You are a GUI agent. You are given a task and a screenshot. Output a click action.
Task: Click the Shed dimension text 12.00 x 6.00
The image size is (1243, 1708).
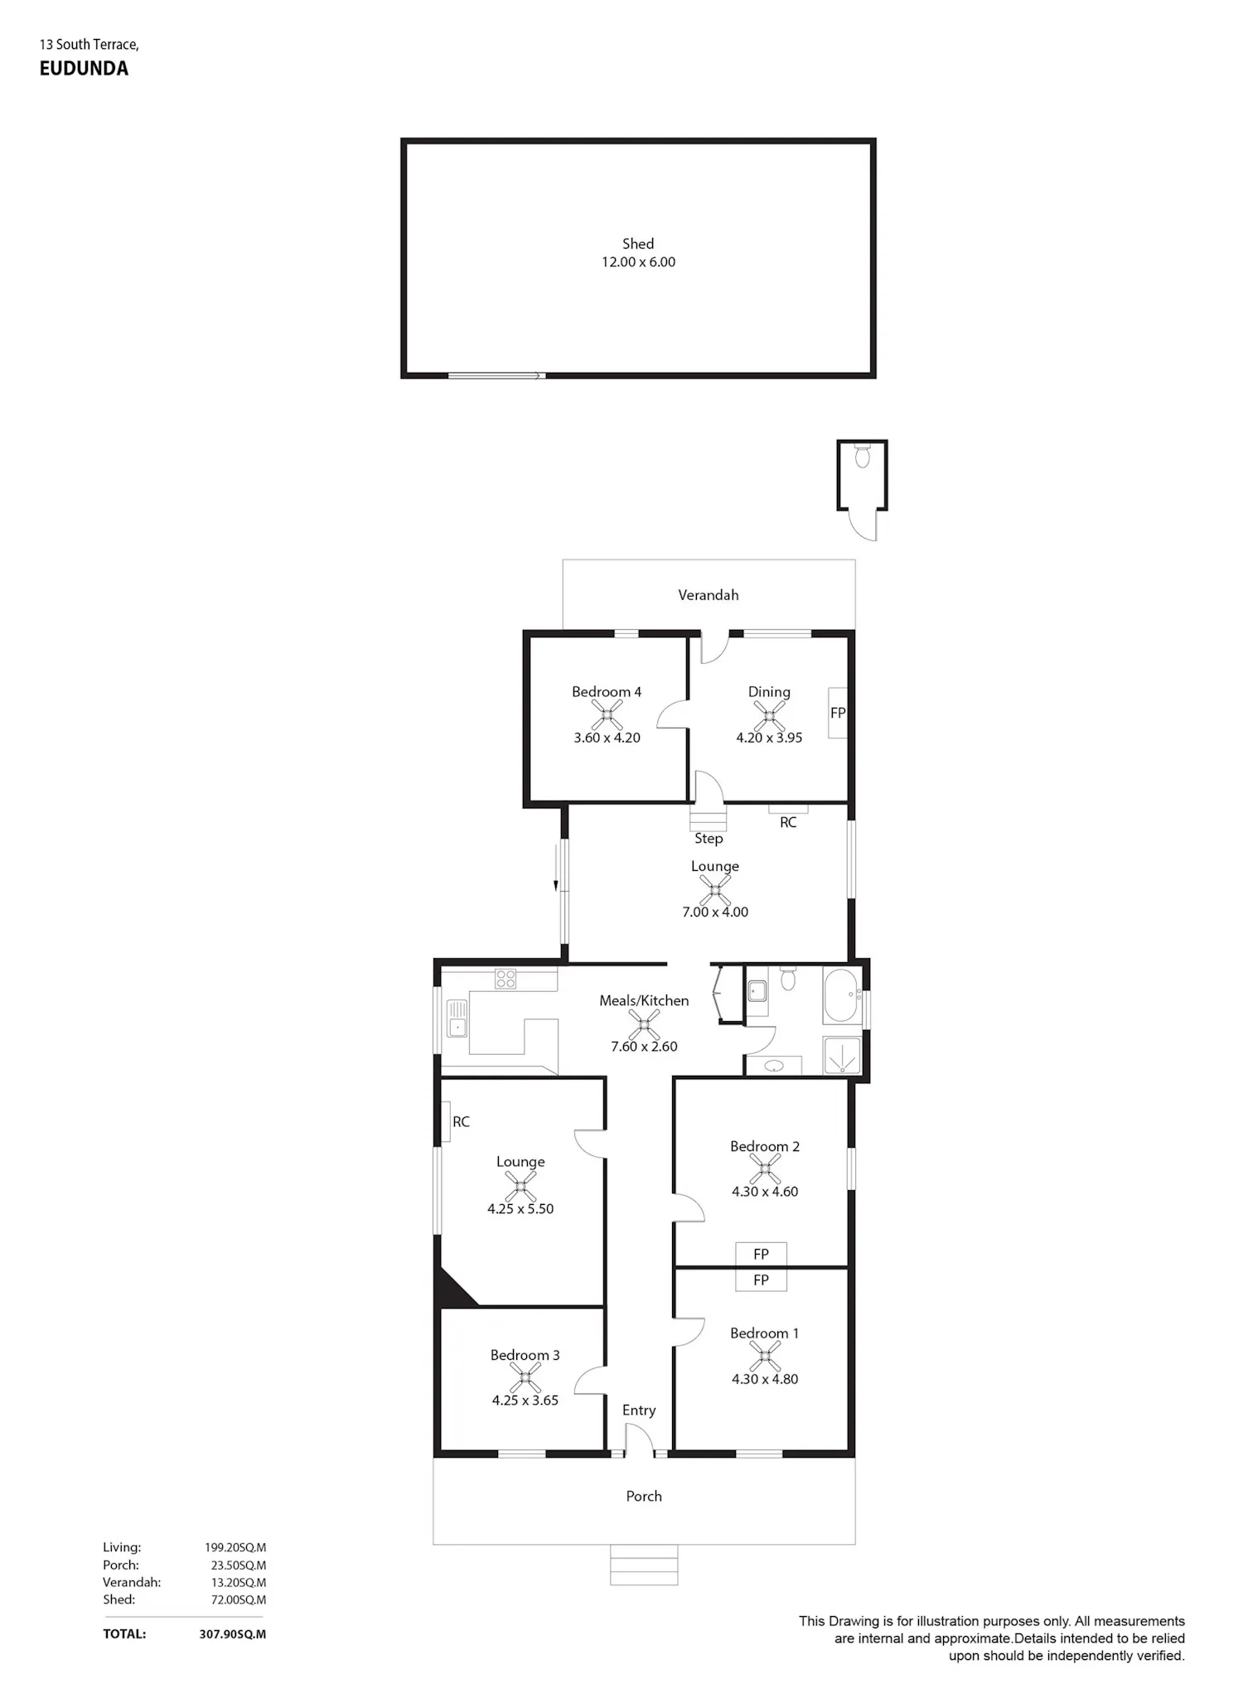(x=638, y=262)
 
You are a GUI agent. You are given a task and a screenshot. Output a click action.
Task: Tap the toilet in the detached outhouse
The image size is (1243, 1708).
(x=863, y=455)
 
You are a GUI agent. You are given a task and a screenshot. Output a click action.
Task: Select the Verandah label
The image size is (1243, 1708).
(x=709, y=595)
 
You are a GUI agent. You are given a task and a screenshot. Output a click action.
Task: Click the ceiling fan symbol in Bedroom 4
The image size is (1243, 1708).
(x=607, y=714)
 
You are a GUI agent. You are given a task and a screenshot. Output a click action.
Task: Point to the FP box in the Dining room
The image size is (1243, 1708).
(x=838, y=713)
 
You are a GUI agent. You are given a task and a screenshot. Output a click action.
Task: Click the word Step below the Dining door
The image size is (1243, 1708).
(x=709, y=839)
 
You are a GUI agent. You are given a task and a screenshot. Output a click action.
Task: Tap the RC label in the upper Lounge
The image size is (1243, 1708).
(x=788, y=822)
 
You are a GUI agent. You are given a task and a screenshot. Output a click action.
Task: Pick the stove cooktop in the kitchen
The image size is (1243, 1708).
(x=505, y=979)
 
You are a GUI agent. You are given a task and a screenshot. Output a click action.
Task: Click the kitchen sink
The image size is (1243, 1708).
(x=456, y=1019)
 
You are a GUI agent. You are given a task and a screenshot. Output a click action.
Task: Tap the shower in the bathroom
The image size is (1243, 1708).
(x=842, y=1056)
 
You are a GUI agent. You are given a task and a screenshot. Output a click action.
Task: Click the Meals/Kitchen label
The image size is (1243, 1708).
(x=644, y=1001)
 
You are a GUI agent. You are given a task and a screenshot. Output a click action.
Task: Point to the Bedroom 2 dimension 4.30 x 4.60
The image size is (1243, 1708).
(x=765, y=1192)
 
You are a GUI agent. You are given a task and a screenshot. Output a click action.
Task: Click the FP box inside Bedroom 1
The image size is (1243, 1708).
(x=761, y=1280)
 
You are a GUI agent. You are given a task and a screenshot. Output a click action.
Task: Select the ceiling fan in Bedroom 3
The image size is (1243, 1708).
(x=525, y=1377)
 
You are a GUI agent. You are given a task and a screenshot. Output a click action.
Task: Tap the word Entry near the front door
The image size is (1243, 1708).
(x=639, y=1410)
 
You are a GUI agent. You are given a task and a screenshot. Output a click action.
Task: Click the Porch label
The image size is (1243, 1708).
(x=644, y=1497)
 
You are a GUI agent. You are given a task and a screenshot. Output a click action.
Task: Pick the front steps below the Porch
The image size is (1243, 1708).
(x=644, y=1565)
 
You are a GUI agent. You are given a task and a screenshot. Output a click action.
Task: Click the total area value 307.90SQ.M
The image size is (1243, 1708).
(x=233, y=1634)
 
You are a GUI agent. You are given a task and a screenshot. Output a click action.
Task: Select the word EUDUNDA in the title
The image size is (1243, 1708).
(x=84, y=69)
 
